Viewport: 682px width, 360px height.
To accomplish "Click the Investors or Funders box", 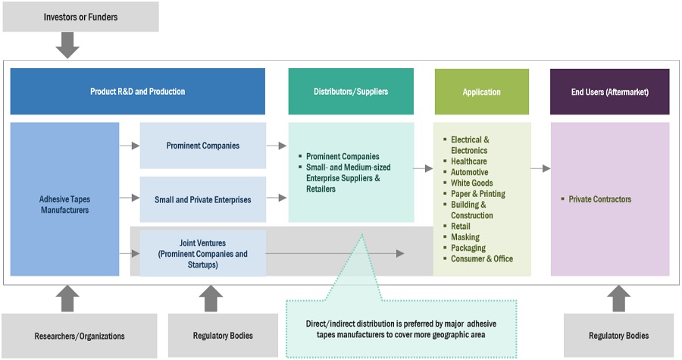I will point(80,17).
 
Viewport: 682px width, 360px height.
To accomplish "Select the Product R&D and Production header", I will point(137,92).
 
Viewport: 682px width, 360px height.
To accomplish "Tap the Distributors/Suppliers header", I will point(351,92).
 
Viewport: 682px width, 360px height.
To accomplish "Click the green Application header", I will point(481,92).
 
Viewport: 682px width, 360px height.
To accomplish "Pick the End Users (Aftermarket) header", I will point(609,92).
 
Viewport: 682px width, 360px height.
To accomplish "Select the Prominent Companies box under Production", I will point(202,146).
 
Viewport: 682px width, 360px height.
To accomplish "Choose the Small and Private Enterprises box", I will point(202,199).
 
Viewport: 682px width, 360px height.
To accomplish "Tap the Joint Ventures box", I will point(202,254).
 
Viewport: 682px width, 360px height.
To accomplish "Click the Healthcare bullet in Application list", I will point(468,161).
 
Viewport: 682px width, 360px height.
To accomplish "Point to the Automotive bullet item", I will point(469,172).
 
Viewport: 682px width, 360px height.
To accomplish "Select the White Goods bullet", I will point(471,183).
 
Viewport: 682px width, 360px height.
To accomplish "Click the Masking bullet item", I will point(465,237).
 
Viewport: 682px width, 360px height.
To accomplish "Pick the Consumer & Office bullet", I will point(481,258).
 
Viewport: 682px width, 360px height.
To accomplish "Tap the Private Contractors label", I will point(599,199).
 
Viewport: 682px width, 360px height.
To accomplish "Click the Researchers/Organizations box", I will point(80,336).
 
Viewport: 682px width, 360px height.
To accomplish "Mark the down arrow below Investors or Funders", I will point(67,45).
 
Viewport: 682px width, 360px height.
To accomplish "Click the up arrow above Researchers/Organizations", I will point(67,297).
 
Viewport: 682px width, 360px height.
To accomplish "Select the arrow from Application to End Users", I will point(540,168).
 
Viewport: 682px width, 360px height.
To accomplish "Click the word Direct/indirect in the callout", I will point(325,321).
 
